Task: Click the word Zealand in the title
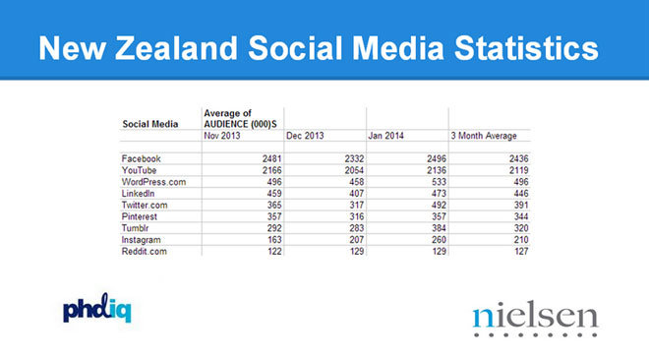(x=176, y=48)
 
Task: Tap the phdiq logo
(x=96, y=308)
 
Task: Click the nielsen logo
(x=536, y=321)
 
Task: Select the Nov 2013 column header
(x=222, y=136)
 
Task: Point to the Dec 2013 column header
(x=305, y=136)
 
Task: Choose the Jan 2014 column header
(x=385, y=136)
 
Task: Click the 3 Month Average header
(x=484, y=136)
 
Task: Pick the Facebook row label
(x=142, y=159)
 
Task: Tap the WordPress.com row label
(x=153, y=182)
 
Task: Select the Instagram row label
(x=142, y=240)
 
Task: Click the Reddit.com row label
(x=144, y=252)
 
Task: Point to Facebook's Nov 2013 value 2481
(x=272, y=159)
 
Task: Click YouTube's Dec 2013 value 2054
(x=354, y=170)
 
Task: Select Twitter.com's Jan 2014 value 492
(x=439, y=206)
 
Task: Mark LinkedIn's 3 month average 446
(x=521, y=194)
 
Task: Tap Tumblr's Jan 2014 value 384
(x=439, y=228)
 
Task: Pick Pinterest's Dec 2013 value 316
(x=356, y=216)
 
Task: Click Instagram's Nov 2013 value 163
(x=274, y=240)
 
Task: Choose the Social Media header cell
(x=150, y=124)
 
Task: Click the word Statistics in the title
(x=526, y=48)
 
